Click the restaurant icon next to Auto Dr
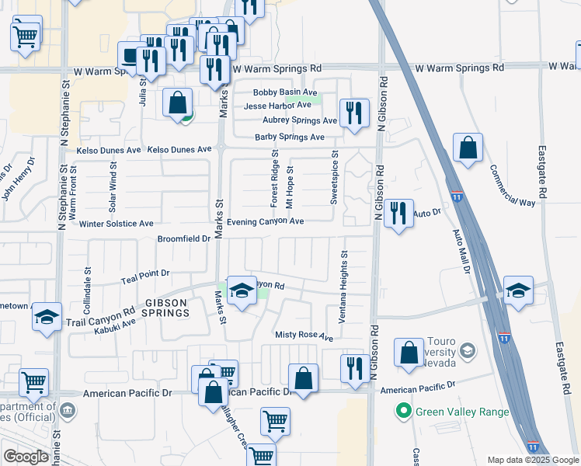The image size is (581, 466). click(398, 212)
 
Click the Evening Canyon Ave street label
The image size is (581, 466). click(265, 221)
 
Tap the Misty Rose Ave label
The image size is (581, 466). click(304, 336)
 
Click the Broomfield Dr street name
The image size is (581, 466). click(184, 239)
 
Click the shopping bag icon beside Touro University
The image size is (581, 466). click(409, 353)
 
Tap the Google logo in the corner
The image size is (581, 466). click(26, 457)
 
